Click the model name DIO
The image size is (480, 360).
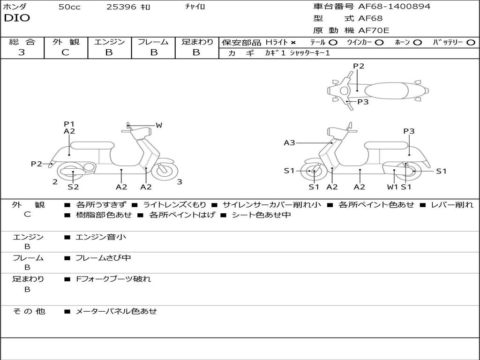coord(17,18)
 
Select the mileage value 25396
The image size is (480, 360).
coord(121,7)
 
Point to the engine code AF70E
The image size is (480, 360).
coord(374,30)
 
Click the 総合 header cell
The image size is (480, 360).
coord(22,42)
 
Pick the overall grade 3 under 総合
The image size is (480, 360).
coord(22,52)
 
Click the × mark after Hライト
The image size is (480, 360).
coord(293,43)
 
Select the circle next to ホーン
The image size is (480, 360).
coord(417,43)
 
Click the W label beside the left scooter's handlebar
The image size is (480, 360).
coord(159,125)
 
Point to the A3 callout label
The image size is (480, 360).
coord(289,142)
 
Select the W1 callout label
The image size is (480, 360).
coord(392,187)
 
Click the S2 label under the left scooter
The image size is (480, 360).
coord(73,187)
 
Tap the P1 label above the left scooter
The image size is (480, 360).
coord(69,124)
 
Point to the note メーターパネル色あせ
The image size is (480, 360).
coord(116,311)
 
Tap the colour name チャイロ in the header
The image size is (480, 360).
coord(195,7)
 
